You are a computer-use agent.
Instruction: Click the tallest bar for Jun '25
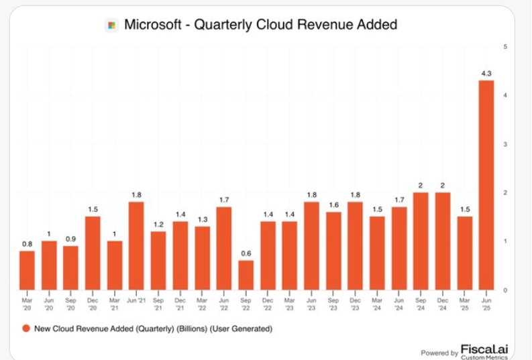click(486, 184)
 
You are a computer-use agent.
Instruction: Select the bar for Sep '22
click(246, 275)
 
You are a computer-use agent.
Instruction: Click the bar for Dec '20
click(93, 253)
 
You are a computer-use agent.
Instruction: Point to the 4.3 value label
click(486, 73)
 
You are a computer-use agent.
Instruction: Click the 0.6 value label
click(246, 253)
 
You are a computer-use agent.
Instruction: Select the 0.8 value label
click(27, 243)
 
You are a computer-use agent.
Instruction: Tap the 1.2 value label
click(158, 224)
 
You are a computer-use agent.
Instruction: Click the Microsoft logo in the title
click(111, 25)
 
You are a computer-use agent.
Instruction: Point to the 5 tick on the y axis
click(504, 47)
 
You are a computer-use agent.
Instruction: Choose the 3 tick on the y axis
click(504, 144)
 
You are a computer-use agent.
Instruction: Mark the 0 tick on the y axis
click(504, 290)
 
